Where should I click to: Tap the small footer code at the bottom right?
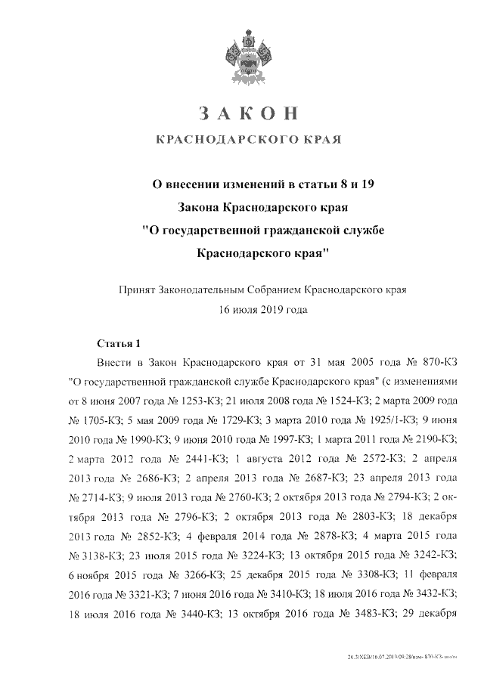pyautogui.click(x=401, y=658)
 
